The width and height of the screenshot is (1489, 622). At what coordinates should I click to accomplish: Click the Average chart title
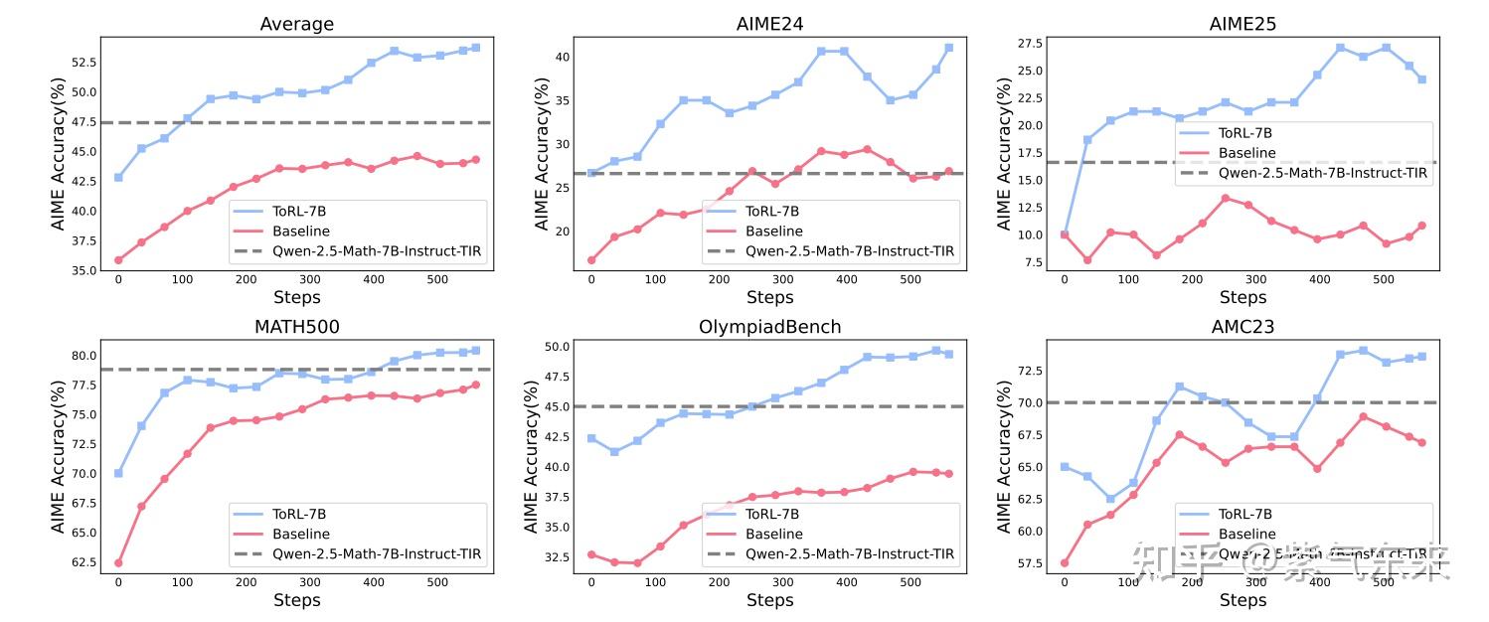296,24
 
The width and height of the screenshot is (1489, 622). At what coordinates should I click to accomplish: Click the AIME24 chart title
769,24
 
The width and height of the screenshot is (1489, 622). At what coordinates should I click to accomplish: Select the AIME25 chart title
1242,24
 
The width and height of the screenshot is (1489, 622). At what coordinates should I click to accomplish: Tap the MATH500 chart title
296,327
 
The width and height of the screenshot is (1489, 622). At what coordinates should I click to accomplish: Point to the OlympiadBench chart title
769,327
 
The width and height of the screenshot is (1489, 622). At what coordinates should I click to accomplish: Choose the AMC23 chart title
1242,327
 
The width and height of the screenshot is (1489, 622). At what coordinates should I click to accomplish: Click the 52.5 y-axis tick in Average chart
83,62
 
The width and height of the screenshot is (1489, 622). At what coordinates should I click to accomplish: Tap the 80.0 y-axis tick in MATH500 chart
83,356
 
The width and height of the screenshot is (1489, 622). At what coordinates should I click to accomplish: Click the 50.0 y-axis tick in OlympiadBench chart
557,347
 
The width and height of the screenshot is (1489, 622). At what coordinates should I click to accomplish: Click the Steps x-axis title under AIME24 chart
769,297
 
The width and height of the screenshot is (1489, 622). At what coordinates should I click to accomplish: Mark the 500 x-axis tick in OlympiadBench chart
910,581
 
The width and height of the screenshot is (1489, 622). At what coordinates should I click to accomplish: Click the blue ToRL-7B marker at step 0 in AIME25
1065,234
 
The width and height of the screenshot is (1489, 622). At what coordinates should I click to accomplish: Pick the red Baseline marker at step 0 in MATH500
118,562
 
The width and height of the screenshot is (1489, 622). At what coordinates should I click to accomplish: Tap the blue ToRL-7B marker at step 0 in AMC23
1065,467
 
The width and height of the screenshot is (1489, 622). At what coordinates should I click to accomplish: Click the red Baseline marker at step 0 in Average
118,260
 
